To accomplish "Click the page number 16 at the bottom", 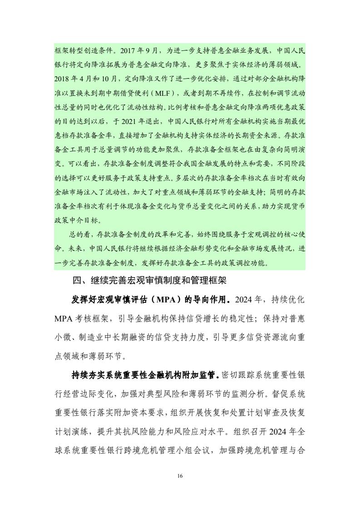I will pyautogui.click(x=180, y=475).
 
